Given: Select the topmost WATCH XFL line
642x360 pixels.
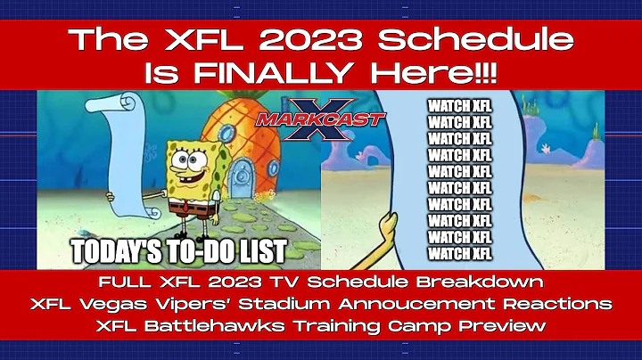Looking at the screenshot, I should pyautogui.click(x=459, y=106).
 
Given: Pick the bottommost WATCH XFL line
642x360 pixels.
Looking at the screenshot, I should pyautogui.click(x=459, y=253).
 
